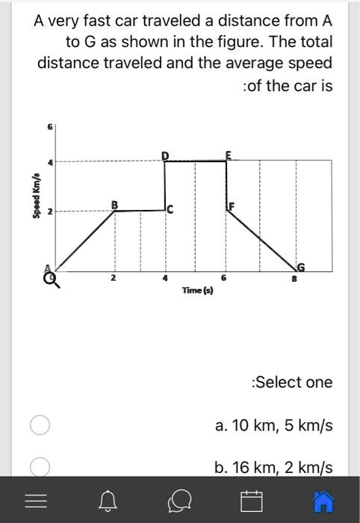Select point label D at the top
pos(165,155)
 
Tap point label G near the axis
pos(300,267)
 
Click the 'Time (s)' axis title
pos(197,289)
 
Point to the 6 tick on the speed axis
pos(51,128)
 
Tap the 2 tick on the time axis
pos(114,278)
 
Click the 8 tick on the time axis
pos(296,278)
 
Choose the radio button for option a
pos(40,425)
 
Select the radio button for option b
pos(40,467)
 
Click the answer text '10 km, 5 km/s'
pos(273,425)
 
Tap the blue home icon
pos(323,501)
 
